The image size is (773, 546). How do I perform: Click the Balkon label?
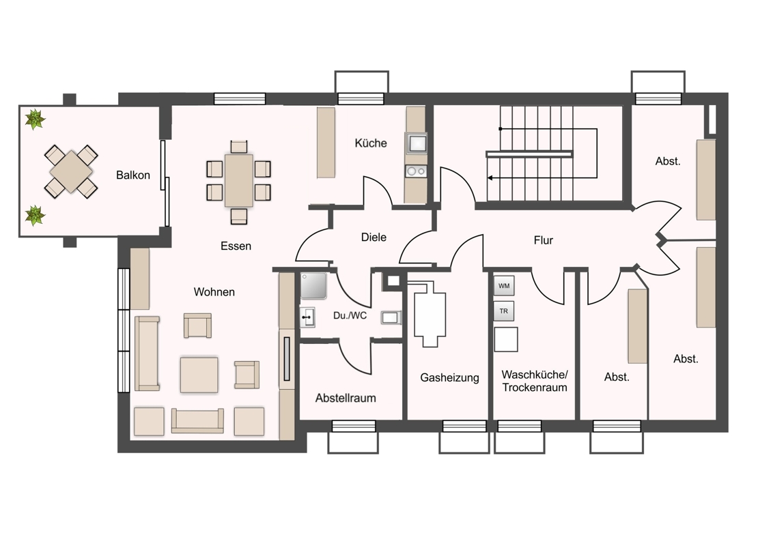132,175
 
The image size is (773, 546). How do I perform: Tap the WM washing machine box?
504,286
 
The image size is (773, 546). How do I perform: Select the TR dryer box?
504,311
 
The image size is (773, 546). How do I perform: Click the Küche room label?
371,143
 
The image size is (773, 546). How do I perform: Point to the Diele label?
374,237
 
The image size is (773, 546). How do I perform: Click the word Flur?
544,240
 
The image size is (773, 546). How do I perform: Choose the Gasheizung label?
449,378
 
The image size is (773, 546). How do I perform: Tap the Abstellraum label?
346,398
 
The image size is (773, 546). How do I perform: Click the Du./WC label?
350,315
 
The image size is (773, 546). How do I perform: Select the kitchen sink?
417,143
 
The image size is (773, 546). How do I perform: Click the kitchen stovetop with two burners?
416,171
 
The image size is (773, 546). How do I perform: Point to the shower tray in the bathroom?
313,286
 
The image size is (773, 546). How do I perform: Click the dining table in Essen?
239,180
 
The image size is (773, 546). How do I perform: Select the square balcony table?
71,171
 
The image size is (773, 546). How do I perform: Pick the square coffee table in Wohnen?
199,375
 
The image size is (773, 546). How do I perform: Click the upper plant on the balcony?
35,119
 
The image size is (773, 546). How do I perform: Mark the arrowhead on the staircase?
490,178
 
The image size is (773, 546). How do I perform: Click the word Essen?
236,246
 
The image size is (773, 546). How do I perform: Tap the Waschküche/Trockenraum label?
535,381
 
